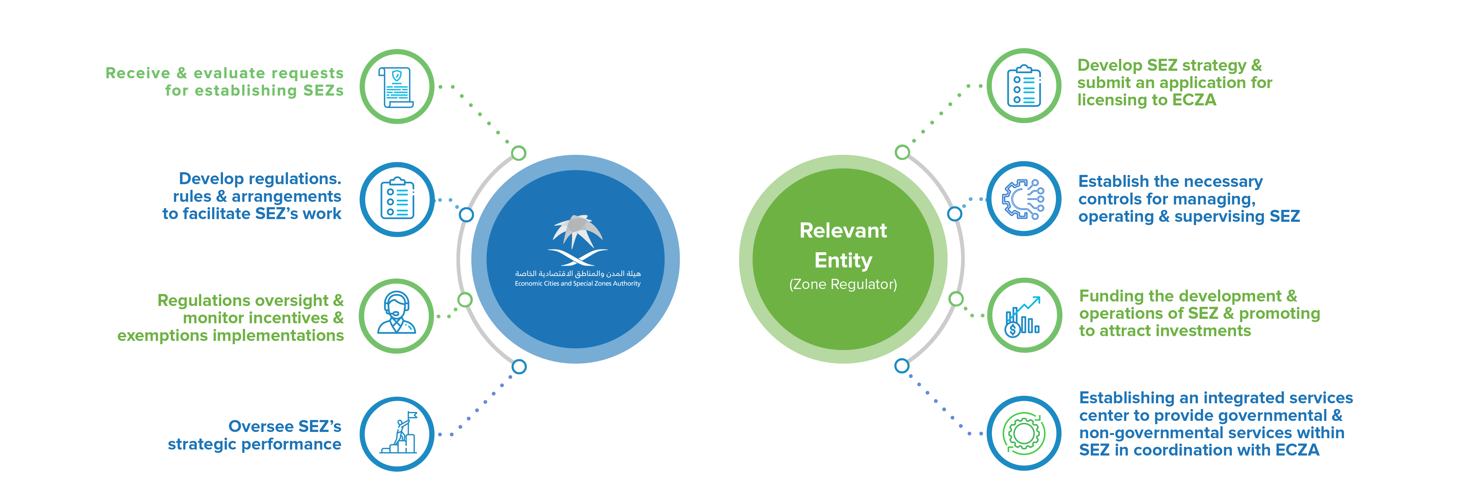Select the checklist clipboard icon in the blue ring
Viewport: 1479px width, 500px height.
[x=397, y=199]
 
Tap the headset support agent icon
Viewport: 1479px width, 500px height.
[x=396, y=315]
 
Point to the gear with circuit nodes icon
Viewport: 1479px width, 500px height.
[x=1023, y=199]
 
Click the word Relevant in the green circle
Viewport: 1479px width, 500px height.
[x=843, y=230]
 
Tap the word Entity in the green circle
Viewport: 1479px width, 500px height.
[x=843, y=260]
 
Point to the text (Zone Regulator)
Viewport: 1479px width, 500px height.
[x=843, y=284]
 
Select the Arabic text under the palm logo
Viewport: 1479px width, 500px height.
[x=577, y=273]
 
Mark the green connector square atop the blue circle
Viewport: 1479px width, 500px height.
[x=518, y=153]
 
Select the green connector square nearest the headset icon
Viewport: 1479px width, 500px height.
[x=465, y=299]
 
